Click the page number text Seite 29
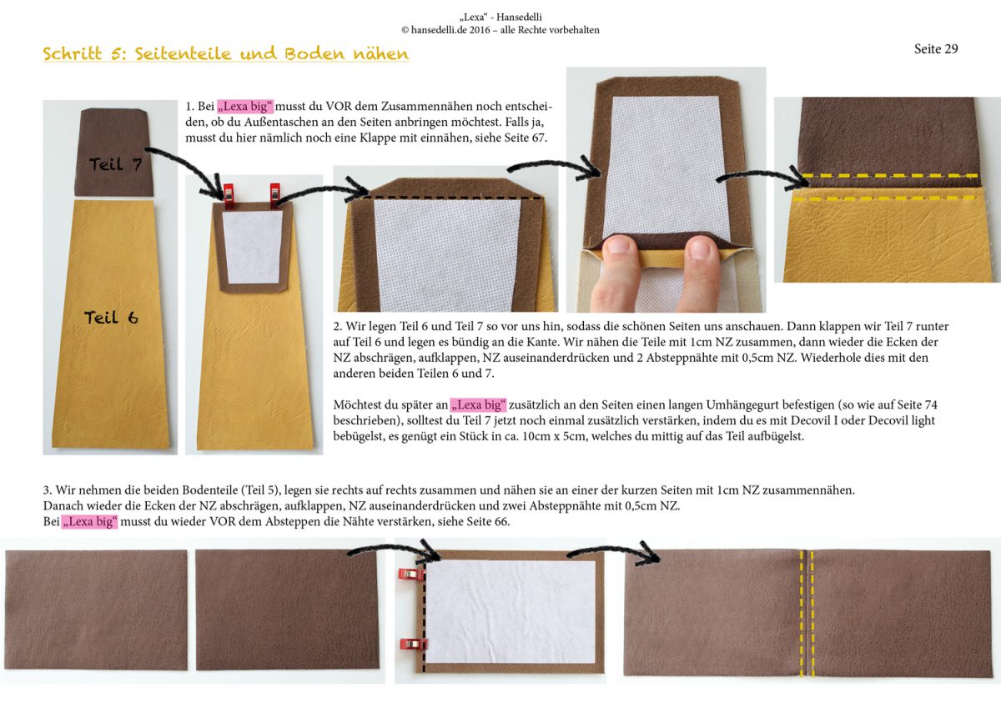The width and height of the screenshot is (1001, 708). coord(936,48)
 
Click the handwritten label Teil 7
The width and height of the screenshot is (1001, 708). coord(115,164)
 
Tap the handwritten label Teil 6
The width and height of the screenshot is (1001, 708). coord(111,318)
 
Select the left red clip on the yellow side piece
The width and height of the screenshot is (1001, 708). coord(229,196)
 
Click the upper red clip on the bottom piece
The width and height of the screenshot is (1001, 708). coord(411,574)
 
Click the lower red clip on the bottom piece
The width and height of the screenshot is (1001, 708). coord(414,643)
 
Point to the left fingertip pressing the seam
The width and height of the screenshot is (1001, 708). coord(619,250)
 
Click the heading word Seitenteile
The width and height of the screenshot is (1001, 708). coord(183,53)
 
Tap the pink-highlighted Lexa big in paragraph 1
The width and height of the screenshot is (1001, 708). coord(245,106)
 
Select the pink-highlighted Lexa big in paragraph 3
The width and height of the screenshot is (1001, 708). coord(89,521)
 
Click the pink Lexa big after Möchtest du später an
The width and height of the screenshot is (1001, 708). coord(478,404)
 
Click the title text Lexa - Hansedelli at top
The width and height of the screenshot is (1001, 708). coord(500,17)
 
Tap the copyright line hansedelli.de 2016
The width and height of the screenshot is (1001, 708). coord(500,30)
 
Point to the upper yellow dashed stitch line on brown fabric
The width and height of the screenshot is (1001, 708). coord(893,176)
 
